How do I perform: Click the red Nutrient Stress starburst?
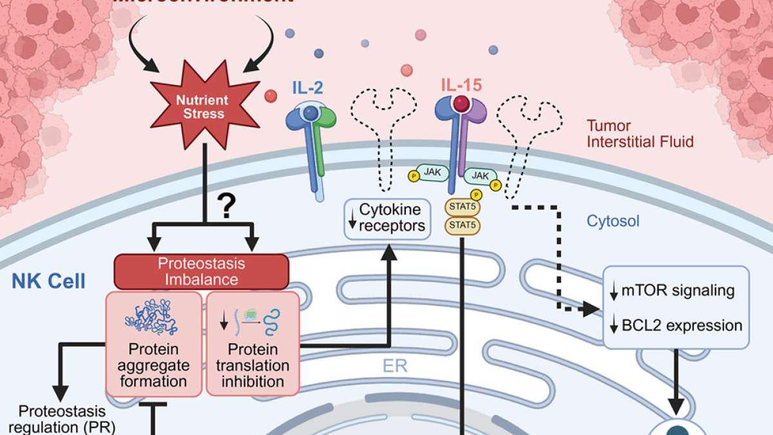point(202,108)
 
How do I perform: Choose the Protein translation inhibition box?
point(253,343)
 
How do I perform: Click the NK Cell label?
point(48,282)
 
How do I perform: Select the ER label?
point(391,365)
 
